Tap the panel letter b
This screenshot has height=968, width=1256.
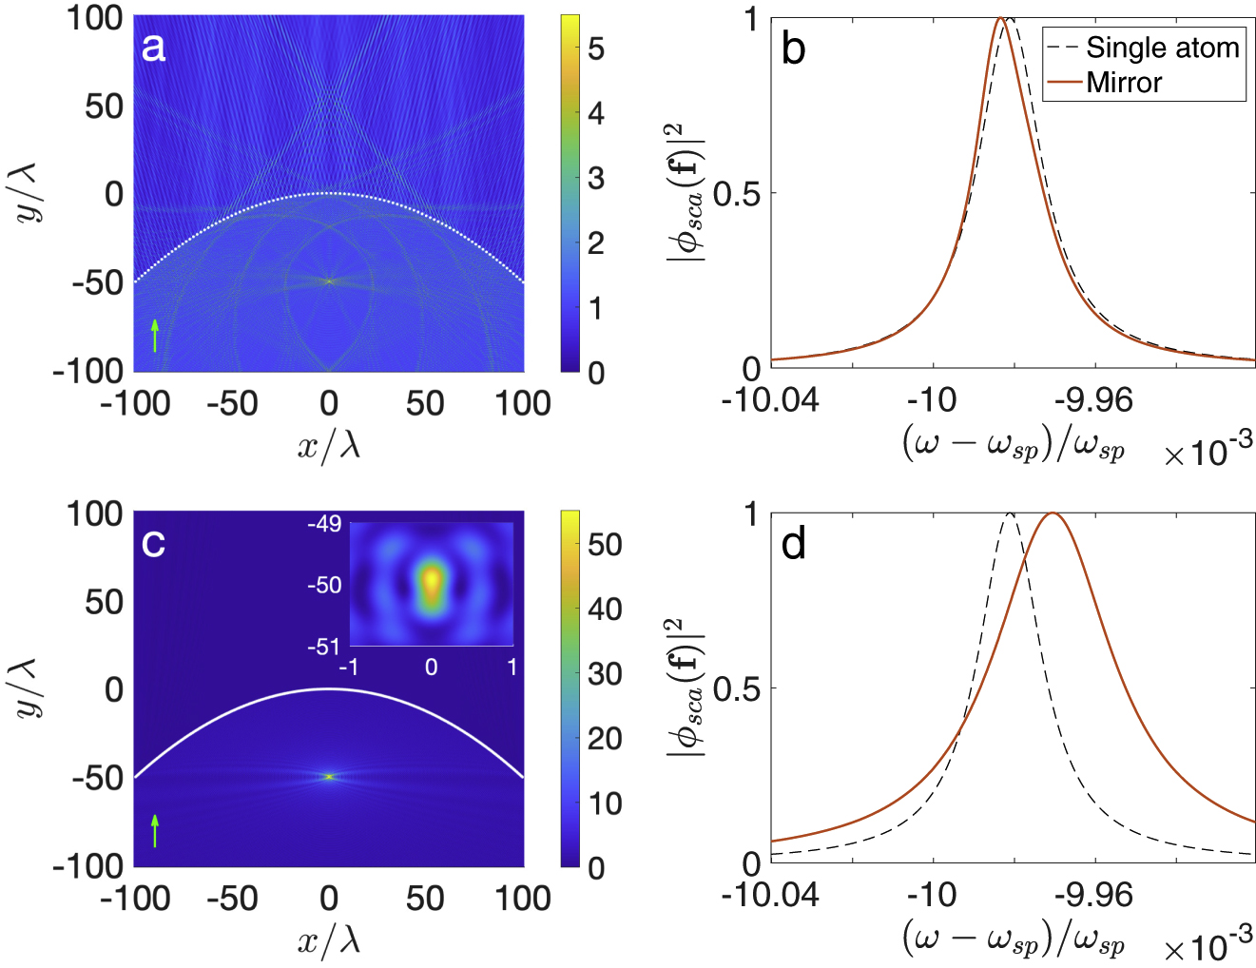(793, 49)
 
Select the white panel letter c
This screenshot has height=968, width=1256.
(153, 543)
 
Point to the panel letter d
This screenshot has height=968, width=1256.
(793, 544)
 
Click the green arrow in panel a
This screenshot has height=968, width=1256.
(155, 336)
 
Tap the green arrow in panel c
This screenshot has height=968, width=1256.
(155, 830)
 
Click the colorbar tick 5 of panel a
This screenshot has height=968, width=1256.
(596, 48)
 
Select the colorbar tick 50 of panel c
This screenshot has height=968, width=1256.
(605, 544)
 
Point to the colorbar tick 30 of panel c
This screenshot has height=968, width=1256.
(605, 674)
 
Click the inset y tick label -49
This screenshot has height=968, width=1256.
(324, 524)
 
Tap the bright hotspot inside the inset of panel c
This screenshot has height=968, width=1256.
(432, 579)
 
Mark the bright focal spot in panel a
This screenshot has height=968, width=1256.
(330, 281)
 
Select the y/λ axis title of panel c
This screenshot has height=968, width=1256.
(30, 689)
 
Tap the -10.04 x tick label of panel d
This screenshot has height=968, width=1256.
(770, 896)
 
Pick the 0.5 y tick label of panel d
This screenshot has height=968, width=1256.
(737, 689)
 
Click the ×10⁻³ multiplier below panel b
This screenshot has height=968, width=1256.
(1208, 452)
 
